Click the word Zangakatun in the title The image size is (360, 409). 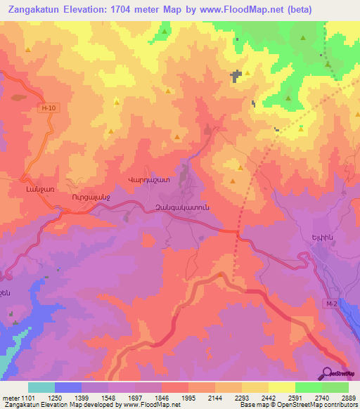39,11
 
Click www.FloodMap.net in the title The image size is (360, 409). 240,11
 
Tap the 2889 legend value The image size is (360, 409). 347,398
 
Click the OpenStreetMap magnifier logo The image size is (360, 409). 327,372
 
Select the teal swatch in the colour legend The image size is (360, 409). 41,387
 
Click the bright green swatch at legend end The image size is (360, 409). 335,387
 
